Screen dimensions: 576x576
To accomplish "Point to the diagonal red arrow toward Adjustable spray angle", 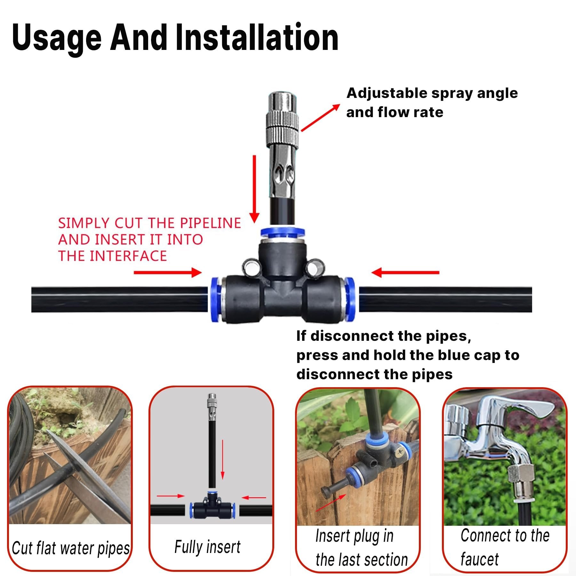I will pyautogui.click(x=320, y=118).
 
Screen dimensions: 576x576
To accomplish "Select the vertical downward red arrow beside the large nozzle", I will pyautogui.click(x=254, y=189).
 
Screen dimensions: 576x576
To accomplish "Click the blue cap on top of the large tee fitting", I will pyautogui.click(x=282, y=232).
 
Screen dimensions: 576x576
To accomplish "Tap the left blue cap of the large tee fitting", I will pyautogui.click(x=216, y=299).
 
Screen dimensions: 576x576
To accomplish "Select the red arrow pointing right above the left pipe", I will pyautogui.click(x=167, y=273).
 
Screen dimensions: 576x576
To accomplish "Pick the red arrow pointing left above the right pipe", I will pyautogui.click(x=405, y=273).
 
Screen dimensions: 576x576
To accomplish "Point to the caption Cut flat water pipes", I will pyautogui.click(x=70, y=548).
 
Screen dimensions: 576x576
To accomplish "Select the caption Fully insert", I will pyautogui.click(x=207, y=547).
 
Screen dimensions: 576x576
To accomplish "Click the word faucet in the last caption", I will pyautogui.click(x=479, y=559).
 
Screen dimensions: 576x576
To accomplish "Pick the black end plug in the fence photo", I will pyautogui.click(x=328, y=491).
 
